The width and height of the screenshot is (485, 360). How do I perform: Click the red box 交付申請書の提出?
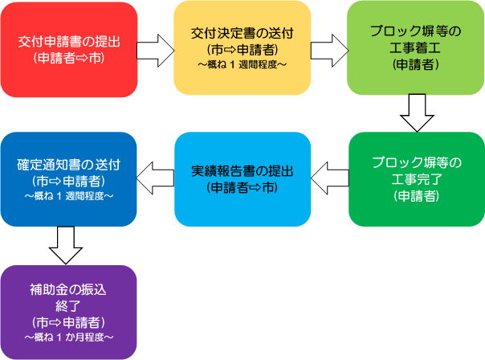(x=69, y=50)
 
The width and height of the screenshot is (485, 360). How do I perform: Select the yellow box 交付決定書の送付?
(x=243, y=48)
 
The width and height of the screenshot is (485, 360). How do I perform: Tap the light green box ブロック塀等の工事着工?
(x=416, y=48)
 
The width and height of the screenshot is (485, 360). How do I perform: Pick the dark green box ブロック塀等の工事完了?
(x=417, y=179)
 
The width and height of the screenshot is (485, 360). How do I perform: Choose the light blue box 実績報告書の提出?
(x=243, y=179)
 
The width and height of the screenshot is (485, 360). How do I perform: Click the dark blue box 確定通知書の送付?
(x=69, y=179)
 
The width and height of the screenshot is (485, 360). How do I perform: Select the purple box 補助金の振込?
(x=69, y=313)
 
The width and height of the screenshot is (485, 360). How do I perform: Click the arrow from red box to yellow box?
(x=156, y=51)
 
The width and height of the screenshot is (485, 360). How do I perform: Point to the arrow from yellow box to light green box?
(x=329, y=51)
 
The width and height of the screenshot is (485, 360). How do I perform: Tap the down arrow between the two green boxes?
(x=417, y=113)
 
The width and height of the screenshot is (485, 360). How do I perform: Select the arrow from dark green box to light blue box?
(x=330, y=178)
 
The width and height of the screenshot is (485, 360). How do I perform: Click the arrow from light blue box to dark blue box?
(x=155, y=178)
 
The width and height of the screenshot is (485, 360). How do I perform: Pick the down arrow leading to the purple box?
(x=66, y=245)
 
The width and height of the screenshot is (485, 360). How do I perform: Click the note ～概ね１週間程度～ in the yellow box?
(x=243, y=65)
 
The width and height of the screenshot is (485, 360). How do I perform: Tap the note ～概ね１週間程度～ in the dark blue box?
(x=69, y=196)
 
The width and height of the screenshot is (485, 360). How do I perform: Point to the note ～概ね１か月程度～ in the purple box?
(x=69, y=337)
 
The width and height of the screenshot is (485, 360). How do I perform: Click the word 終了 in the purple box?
(x=68, y=306)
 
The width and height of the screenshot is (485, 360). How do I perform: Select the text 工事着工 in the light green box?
(x=415, y=48)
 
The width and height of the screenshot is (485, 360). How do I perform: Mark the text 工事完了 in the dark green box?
(x=417, y=179)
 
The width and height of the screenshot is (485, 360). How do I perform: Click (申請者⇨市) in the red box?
(x=69, y=58)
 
